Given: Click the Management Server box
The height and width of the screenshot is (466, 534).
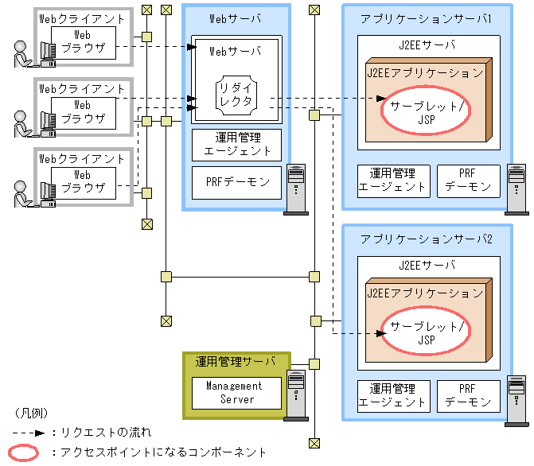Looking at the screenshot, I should click(236, 393).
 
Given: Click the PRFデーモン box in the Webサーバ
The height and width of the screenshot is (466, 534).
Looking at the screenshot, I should click(236, 183).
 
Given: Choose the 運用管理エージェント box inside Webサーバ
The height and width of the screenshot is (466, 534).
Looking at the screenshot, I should click(236, 144).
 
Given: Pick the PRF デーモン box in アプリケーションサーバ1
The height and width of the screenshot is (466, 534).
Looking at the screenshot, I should click(468, 181).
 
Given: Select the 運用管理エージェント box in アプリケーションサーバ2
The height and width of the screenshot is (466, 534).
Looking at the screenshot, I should click(392, 396).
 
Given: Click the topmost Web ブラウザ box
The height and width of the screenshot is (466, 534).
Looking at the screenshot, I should click(83, 41).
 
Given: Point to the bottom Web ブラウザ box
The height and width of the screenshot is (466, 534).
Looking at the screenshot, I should click(83, 181).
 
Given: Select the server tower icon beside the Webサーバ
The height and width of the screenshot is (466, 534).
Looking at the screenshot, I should click(296, 188).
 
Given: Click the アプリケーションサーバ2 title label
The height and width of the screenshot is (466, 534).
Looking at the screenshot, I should click(426, 239).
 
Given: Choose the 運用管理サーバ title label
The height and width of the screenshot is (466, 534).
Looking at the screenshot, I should click(236, 362).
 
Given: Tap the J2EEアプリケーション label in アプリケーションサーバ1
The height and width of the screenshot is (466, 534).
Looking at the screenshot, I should click(425, 72).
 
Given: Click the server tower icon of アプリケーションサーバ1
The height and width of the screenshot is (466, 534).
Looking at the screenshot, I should click(516, 189).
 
